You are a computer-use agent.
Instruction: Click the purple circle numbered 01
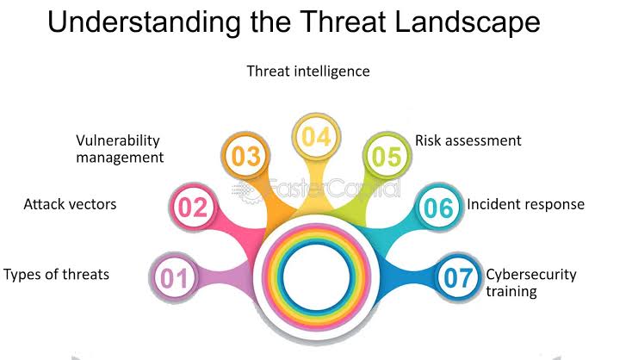pyautogui.click(x=174, y=277)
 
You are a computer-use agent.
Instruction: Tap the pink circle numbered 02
pyautogui.click(x=193, y=208)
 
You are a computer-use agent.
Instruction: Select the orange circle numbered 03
pyautogui.click(x=245, y=156)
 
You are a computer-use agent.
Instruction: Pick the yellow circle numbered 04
pyautogui.click(x=316, y=137)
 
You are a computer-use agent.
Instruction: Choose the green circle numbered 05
pyautogui.click(x=387, y=156)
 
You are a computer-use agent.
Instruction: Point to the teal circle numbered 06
pyautogui.click(x=439, y=208)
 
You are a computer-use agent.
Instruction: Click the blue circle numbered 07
pyautogui.click(x=458, y=277)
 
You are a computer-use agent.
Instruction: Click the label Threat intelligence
pyautogui.click(x=308, y=71)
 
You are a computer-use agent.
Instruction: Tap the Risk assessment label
pyautogui.click(x=468, y=140)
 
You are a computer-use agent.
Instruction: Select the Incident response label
pyautogui.click(x=525, y=204)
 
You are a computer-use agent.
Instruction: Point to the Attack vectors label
pyautogui.click(x=70, y=204)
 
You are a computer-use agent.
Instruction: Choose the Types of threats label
pyautogui.click(x=57, y=275)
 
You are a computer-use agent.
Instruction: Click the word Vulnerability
pyautogui.click(x=118, y=140)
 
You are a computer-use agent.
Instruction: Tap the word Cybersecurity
pyautogui.click(x=531, y=275)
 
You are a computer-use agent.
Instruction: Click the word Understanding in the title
pyautogui.click(x=144, y=22)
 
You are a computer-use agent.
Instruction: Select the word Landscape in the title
pyautogui.click(x=468, y=22)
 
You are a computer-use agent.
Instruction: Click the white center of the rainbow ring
pyautogui.click(x=316, y=277)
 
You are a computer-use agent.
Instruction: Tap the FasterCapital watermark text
pyautogui.click(x=316, y=189)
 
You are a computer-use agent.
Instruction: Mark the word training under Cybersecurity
pyautogui.click(x=511, y=291)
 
